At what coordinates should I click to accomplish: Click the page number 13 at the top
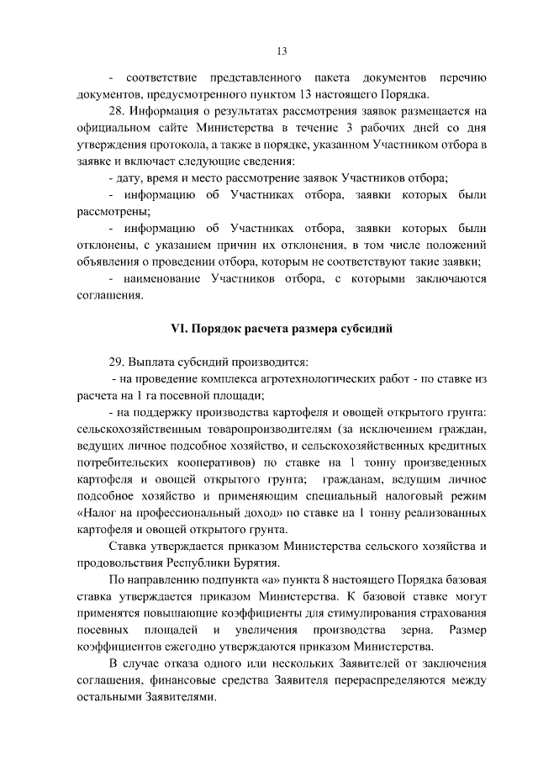[282, 51]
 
